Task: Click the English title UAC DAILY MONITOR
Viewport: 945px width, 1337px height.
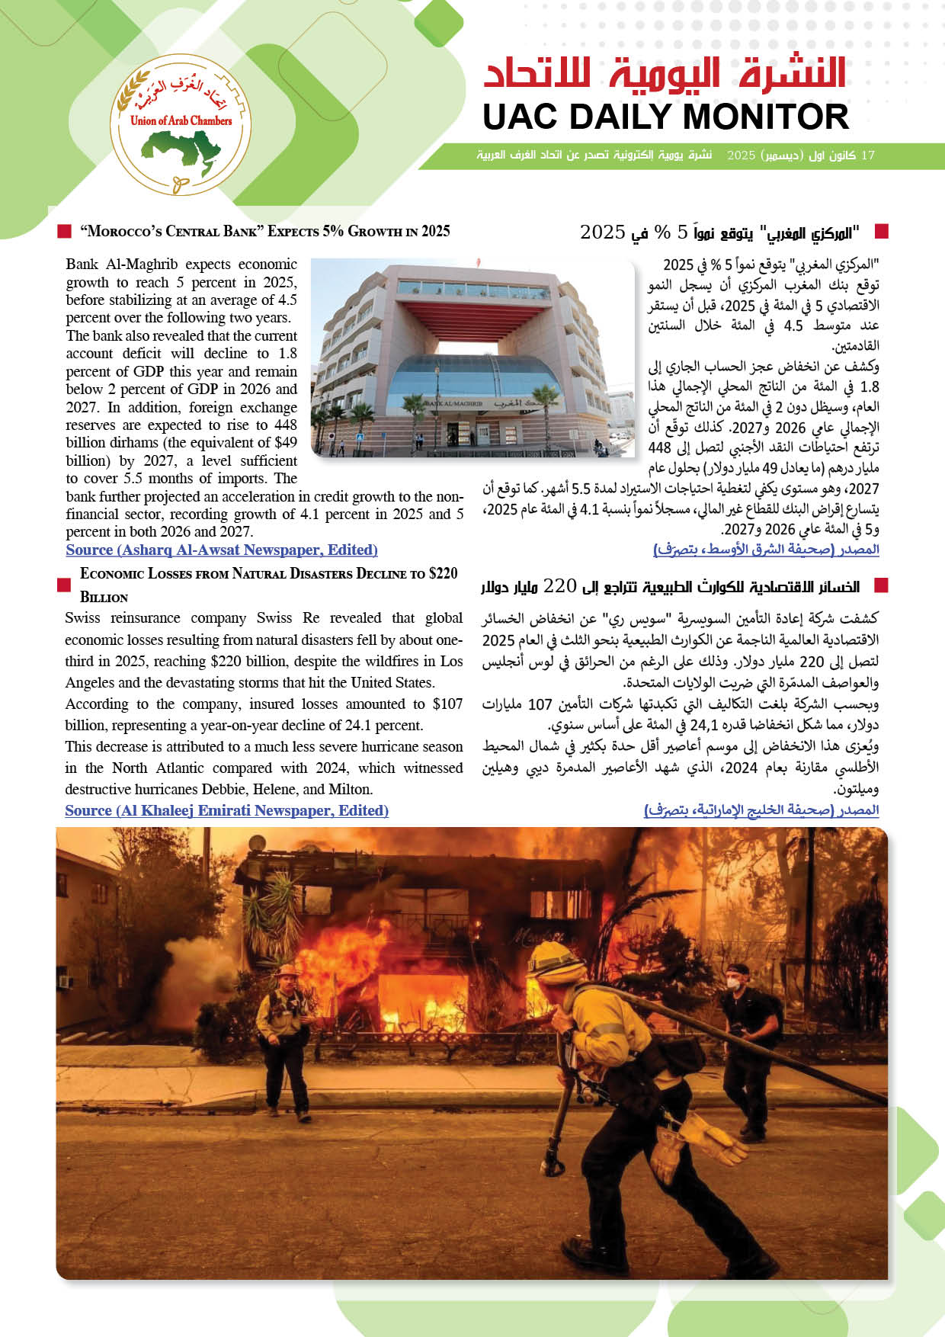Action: (665, 117)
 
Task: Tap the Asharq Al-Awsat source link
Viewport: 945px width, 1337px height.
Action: (221, 550)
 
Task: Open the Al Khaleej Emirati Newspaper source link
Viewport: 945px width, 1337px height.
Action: (226, 811)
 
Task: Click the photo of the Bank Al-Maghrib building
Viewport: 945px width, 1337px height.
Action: (472, 357)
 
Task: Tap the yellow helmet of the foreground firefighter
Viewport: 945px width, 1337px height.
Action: (555, 963)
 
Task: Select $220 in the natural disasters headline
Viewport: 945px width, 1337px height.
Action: (441, 573)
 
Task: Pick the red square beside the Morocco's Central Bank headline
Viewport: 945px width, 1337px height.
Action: (65, 231)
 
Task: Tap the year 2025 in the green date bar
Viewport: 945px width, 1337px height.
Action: (741, 156)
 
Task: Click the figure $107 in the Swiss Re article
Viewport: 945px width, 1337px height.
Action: (447, 704)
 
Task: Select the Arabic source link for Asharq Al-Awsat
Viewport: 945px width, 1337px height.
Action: (766, 550)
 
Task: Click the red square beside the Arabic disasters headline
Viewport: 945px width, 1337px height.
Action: (881, 585)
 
